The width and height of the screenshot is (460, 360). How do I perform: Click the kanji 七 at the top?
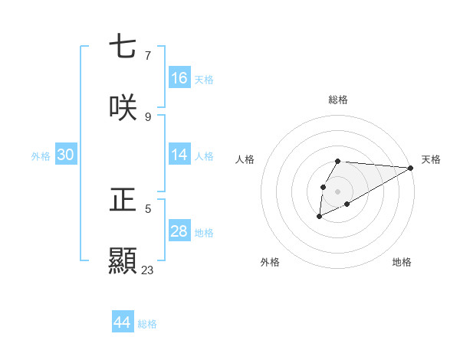tap(123, 47)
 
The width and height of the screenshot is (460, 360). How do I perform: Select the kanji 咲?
tap(123, 107)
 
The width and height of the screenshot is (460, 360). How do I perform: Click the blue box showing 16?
tap(179, 77)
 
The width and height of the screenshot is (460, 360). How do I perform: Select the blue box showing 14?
tap(179, 155)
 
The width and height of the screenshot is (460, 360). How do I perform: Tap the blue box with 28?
tap(179, 231)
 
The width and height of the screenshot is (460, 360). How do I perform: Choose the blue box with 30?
tap(66, 155)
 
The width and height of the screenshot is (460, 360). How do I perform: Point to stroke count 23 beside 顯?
tap(147, 270)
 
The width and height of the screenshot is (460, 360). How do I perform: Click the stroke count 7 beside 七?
tap(147, 56)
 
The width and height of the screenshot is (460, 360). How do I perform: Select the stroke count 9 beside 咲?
tap(147, 116)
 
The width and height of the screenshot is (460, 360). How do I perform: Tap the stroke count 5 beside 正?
tap(147, 208)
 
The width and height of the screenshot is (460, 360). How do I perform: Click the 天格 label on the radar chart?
tap(431, 159)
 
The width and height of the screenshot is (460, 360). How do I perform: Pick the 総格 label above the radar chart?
tap(338, 100)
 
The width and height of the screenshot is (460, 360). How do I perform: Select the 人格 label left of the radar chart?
tap(245, 159)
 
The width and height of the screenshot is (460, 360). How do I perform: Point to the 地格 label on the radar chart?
tap(402, 262)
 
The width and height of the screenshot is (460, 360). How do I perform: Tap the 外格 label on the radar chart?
tap(270, 262)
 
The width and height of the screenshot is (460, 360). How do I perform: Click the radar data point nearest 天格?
tap(410, 168)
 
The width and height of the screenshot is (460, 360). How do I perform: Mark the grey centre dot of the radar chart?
tap(338, 191)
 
